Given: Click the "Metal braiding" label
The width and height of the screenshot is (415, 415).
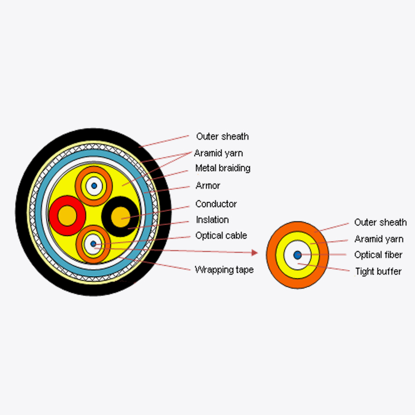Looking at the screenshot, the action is click(x=223, y=168).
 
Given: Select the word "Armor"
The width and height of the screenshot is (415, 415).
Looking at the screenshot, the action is click(x=208, y=186).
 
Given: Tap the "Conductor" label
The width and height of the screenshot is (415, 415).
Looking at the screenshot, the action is click(x=216, y=204).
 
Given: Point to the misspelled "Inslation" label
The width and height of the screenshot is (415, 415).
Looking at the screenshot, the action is click(x=212, y=219).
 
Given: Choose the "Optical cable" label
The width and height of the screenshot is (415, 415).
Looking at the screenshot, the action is click(x=221, y=236).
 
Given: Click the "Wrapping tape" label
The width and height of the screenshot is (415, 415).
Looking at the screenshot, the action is click(x=224, y=270).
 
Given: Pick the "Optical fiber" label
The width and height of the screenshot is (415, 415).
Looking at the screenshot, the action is click(x=378, y=255).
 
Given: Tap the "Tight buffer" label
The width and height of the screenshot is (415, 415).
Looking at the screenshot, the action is click(x=378, y=271).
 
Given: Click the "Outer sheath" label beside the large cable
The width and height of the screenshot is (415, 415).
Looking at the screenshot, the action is click(x=223, y=136).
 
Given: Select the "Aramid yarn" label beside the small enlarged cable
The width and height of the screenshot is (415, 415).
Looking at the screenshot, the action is click(x=379, y=239).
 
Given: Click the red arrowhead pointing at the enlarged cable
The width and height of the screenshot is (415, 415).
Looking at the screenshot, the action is click(x=254, y=253).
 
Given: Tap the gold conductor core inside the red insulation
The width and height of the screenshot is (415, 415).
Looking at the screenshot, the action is click(x=67, y=216).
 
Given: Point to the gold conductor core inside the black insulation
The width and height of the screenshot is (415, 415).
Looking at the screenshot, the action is click(x=121, y=217).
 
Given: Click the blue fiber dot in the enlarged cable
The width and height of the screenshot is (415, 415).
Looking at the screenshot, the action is click(x=297, y=255).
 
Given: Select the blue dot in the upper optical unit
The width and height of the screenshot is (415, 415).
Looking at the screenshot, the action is click(x=94, y=186).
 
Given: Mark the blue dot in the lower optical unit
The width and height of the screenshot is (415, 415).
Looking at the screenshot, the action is click(x=93, y=244).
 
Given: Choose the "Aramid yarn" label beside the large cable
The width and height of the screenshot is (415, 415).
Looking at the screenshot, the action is click(x=218, y=153).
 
